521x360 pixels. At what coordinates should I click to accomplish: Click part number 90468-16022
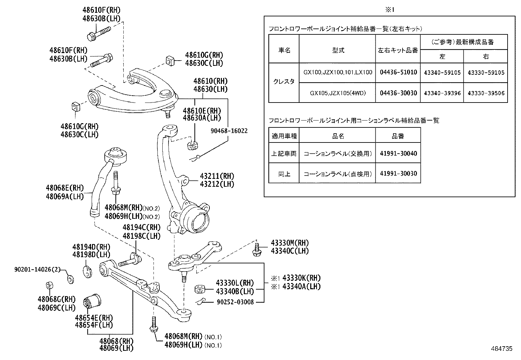pos(229,131)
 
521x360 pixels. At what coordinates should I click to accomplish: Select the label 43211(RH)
pos(217,176)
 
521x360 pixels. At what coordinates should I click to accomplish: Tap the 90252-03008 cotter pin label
pos(235,302)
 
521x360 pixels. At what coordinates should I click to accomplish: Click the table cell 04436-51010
pos(398,72)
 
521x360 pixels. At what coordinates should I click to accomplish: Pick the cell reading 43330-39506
pos(486,93)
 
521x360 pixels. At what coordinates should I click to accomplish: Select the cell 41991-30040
pos(398,153)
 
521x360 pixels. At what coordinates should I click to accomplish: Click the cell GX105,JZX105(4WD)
pos(337,93)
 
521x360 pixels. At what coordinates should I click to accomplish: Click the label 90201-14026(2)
pos(38,270)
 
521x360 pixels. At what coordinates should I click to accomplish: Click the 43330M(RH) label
pos(290,243)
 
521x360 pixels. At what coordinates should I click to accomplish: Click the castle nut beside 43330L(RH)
pos(200,289)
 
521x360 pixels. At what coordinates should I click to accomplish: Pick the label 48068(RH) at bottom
pos(116,341)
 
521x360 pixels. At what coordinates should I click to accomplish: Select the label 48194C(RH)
pos(141,228)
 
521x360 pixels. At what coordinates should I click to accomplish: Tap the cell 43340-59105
pos(442,72)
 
